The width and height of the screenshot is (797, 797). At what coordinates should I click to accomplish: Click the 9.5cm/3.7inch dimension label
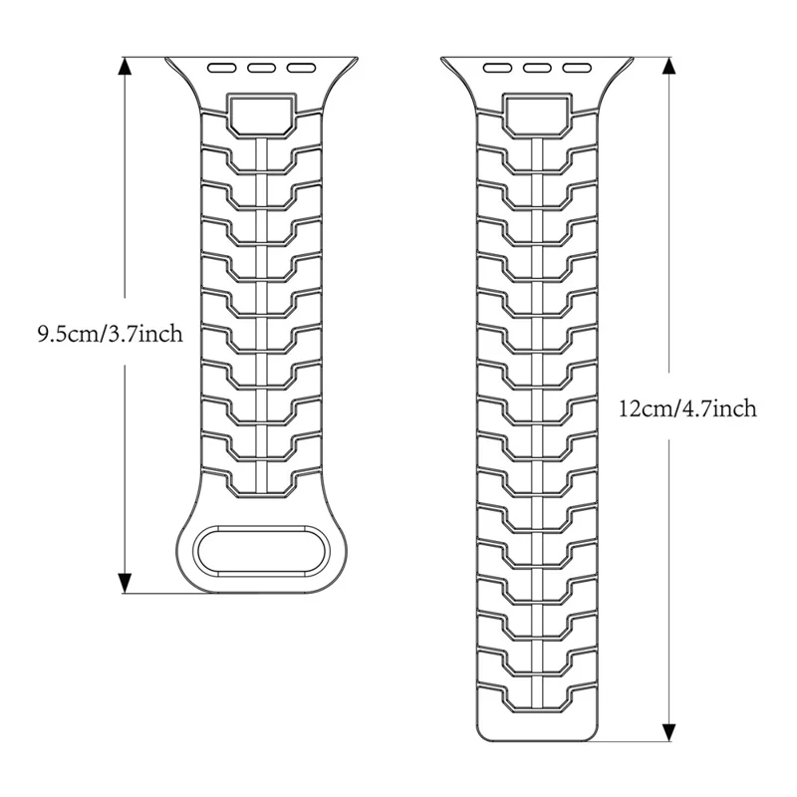110,334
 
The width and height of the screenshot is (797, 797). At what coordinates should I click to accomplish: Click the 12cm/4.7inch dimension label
687,408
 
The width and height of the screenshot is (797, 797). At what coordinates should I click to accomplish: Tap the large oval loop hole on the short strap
262,551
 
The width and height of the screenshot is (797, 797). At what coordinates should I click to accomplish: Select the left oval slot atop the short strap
222,68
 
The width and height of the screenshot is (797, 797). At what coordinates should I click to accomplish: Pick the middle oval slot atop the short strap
262,68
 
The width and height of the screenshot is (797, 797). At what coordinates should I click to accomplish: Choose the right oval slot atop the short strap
302,68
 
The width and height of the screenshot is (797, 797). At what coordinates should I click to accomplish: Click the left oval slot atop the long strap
497,67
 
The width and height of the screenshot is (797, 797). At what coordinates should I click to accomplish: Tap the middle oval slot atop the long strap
537,67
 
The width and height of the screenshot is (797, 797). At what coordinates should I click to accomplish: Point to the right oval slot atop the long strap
577,67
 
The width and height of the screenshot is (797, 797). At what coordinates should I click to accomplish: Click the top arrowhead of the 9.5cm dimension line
125,66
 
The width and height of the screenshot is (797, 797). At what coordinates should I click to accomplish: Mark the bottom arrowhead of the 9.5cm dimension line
125,583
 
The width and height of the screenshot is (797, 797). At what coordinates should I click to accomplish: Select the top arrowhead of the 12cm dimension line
669,66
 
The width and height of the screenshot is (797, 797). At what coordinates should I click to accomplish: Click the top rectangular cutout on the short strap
262,115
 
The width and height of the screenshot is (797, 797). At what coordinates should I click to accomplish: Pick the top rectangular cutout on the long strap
537,115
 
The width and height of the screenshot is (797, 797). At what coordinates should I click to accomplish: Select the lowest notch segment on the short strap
262,483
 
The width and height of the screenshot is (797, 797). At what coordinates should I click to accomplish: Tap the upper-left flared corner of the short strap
166,59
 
